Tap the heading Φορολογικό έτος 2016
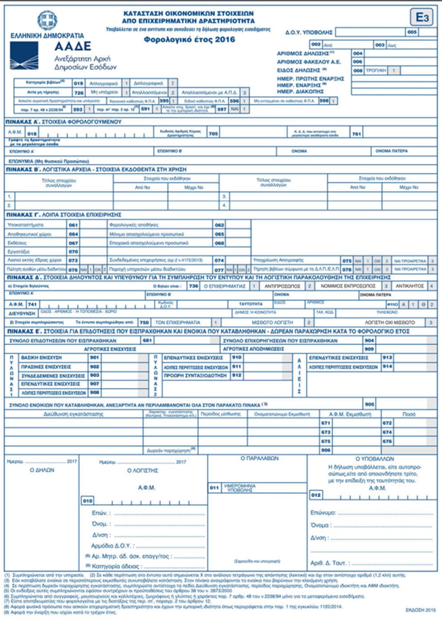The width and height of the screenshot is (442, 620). (x=189, y=39)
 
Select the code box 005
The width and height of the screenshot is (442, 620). (x=412, y=32)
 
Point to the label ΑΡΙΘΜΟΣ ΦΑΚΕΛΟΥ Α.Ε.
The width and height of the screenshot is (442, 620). (x=309, y=62)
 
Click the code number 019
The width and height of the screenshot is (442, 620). (x=78, y=83)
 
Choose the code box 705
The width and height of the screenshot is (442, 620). (x=213, y=134)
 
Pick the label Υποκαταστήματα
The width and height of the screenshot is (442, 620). (x=25, y=225)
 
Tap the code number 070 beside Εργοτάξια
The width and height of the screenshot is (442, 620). (x=73, y=252)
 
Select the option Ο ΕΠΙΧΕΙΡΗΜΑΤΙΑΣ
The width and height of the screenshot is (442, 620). (x=225, y=286)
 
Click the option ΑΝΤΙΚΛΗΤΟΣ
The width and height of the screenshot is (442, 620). (x=409, y=286)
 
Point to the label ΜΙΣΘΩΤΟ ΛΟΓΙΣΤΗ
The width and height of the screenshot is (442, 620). (x=272, y=322)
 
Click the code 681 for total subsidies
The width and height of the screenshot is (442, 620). (x=147, y=341)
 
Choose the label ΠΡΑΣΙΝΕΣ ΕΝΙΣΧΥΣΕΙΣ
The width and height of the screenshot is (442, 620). (x=46, y=367)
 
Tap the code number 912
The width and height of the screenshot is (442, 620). (x=237, y=375)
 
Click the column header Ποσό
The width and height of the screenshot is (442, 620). (x=409, y=414)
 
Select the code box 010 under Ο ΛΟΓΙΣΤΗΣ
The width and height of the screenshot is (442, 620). (x=88, y=501)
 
